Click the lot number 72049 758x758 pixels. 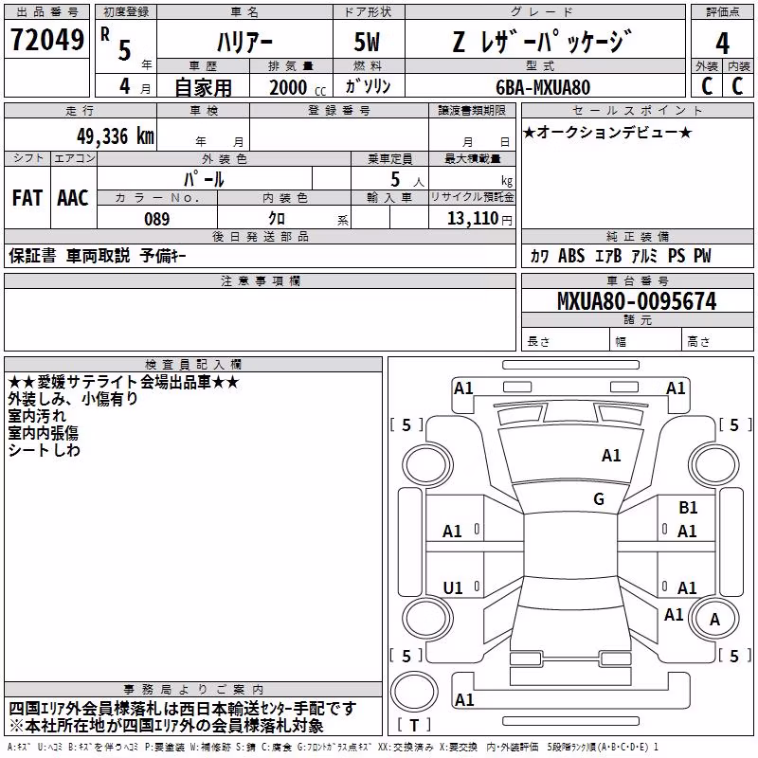point(47,40)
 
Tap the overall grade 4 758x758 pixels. point(722,44)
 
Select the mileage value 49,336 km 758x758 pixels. point(116,136)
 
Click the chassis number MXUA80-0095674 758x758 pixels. point(637,301)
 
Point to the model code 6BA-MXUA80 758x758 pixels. point(543,87)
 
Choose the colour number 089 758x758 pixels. point(157,219)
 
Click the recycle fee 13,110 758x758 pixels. point(472,219)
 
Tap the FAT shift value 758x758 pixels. point(27,198)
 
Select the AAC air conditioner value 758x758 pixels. point(73,198)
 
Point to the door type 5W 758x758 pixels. point(367,42)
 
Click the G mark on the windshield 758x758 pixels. point(599,499)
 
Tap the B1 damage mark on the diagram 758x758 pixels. point(688,508)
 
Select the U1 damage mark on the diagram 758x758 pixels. point(453,587)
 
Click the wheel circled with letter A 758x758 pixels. point(714,619)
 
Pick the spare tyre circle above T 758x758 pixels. point(414,692)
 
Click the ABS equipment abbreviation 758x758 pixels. point(571,256)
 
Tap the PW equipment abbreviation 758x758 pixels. point(702,256)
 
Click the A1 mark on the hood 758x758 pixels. point(611,456)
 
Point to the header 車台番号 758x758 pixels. point(637,280)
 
